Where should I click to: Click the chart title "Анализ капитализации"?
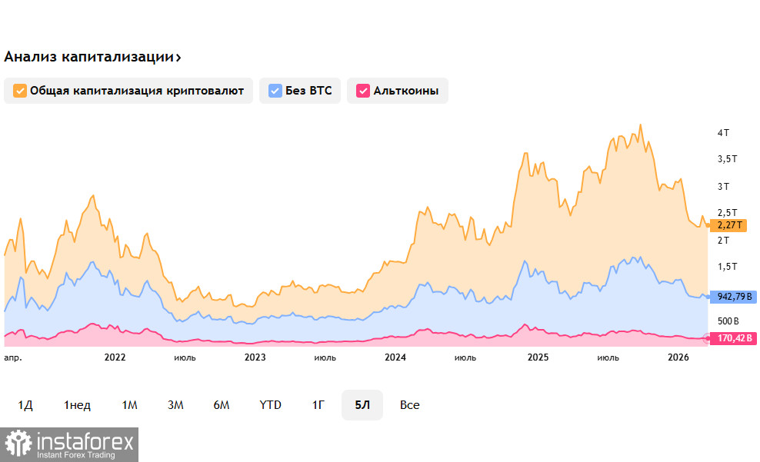[88, 57]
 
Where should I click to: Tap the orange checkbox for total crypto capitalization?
[20, 91]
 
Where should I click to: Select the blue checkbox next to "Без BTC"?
[275, 91]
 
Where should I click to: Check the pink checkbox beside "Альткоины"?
[363, 91]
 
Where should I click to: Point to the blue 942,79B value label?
[732, 297]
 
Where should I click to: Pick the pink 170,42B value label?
[732, 337]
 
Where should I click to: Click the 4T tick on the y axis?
[723, 133]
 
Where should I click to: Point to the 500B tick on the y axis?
[728, 321]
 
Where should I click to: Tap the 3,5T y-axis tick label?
[728, 159]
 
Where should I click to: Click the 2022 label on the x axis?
[115, 357]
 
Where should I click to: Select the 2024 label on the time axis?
[395, 357]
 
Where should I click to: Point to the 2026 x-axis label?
[678, 357]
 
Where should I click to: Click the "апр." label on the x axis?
[13, 357]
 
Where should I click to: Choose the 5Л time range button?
[362, 405]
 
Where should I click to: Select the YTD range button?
[270, 405]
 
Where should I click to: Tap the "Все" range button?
[410, 405]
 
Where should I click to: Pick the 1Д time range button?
[25, 405]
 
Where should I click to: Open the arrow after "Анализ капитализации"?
[178, 58]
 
